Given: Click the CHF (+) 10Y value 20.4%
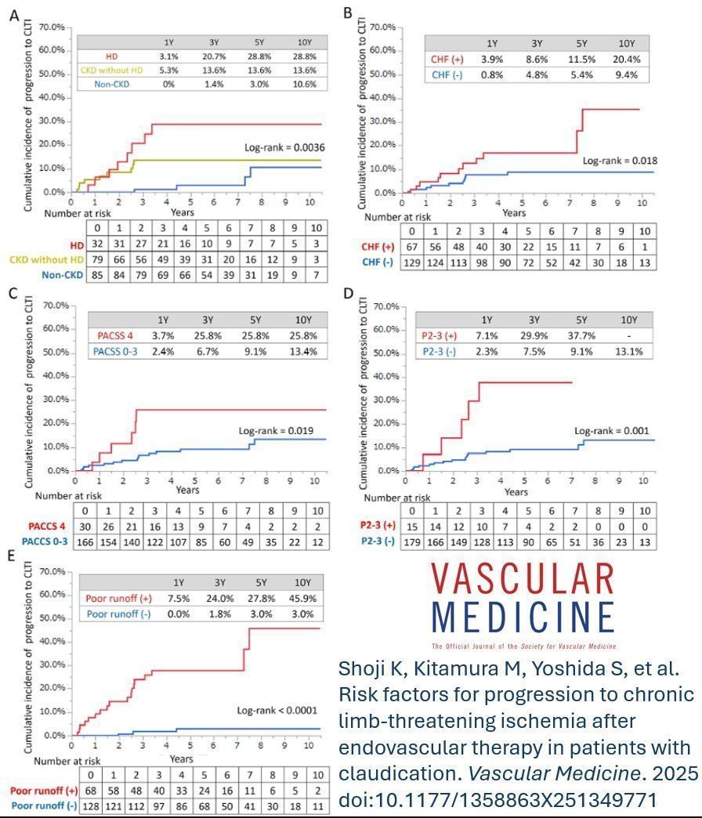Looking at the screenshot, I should [626, 60].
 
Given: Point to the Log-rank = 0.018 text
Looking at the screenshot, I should [620, 161].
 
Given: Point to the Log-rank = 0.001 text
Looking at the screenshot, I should [611, 431].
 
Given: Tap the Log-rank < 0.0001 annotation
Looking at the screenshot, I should [277, 711].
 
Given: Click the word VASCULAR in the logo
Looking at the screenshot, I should [523, 579].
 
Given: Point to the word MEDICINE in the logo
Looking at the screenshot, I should [523, 617].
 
